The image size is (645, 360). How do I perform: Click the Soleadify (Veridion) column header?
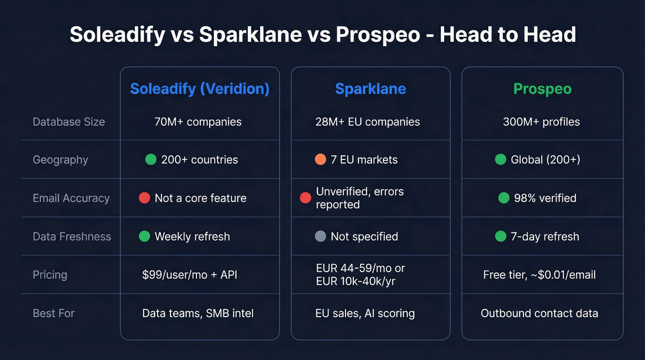(199, 89)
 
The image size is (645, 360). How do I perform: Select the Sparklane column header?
(370, 89)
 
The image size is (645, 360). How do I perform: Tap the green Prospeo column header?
(542, 89)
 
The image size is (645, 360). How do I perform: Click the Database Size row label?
(69, 122)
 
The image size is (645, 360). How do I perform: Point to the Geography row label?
(60, 160)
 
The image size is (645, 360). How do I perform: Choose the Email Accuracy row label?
(71, 198)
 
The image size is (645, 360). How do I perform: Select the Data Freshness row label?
(72, 236)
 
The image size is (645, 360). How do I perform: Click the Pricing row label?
(50, 275)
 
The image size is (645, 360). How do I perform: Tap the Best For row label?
(53, 313)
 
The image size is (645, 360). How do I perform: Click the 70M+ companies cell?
(198, 122)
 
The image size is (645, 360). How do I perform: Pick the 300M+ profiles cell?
(541, 122)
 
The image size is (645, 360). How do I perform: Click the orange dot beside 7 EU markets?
(320, 159)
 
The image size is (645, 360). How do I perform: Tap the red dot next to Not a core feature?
(145, 198)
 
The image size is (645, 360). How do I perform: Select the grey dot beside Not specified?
(320, 236)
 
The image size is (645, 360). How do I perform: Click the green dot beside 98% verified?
(504, 198)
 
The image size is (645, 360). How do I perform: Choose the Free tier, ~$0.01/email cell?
(539, 275)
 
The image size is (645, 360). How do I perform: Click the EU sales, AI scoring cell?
(365, 313)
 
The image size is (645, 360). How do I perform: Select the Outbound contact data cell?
(539, 313)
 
